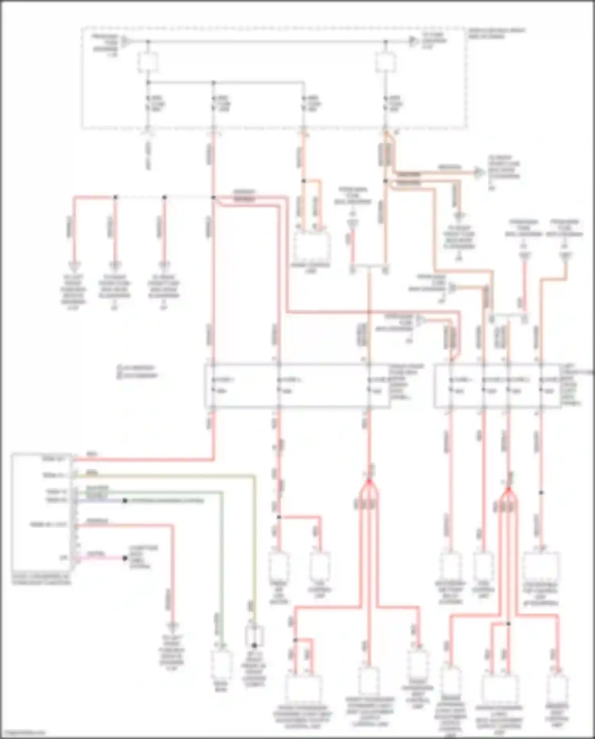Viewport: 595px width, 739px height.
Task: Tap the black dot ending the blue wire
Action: (x=125, y=501)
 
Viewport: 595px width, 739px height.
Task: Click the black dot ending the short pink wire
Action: (x=125, y=558)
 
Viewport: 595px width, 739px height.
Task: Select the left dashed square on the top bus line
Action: (x=148, y=63)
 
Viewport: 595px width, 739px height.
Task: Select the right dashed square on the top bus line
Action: (x=386, y=63)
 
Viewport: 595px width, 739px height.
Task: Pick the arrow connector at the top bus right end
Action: (x=414, y=41)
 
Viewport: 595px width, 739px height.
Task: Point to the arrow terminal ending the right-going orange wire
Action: (x=480, y=173)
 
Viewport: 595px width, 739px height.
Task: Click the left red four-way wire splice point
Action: (x=369, y=482)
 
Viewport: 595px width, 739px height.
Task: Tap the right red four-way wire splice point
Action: (x=509, y=491)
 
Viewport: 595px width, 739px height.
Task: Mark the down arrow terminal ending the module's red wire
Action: (x=172, y=627)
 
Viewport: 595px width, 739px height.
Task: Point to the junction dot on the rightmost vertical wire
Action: (x=541, y=492)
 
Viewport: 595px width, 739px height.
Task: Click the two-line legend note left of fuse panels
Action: (x=137, y=372)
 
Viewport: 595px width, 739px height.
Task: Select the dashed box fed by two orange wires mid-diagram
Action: (x=311, y=245)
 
